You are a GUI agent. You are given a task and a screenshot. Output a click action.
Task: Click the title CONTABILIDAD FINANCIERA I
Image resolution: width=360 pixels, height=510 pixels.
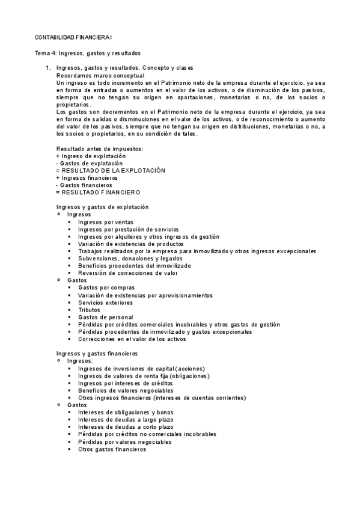[69, 37]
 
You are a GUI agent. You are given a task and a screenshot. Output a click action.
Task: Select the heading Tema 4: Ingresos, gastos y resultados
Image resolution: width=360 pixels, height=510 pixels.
[87, 53]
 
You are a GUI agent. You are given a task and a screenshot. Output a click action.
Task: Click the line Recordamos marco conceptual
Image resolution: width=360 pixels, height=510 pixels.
[100, 76]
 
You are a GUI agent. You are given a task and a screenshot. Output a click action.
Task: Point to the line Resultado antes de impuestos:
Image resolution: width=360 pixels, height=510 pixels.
[100, 149]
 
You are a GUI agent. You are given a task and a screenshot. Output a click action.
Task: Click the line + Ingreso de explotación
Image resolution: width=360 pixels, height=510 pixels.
[91, 156]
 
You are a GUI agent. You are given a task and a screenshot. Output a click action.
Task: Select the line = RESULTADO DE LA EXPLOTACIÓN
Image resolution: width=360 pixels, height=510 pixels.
[110, 170]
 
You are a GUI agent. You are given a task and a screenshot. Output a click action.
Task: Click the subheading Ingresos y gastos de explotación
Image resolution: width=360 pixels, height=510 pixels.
[102, 207]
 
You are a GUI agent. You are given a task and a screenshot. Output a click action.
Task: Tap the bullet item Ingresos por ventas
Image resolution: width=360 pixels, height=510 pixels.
[106, 222]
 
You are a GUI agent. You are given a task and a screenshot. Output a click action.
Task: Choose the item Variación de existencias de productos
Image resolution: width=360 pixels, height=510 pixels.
[130, 244]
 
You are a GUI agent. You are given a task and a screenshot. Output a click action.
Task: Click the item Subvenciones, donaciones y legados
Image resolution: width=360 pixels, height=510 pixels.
[126, 258]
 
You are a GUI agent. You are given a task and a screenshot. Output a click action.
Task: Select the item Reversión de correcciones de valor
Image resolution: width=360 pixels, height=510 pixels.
[127, 273]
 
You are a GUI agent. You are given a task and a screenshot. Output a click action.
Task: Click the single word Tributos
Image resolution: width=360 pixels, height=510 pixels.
[90, 310]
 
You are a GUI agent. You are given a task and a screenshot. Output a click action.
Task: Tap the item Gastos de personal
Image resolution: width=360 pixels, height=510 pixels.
[105, 317]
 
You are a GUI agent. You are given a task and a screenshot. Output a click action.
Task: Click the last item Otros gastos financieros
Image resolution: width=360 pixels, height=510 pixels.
[112, 449]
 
